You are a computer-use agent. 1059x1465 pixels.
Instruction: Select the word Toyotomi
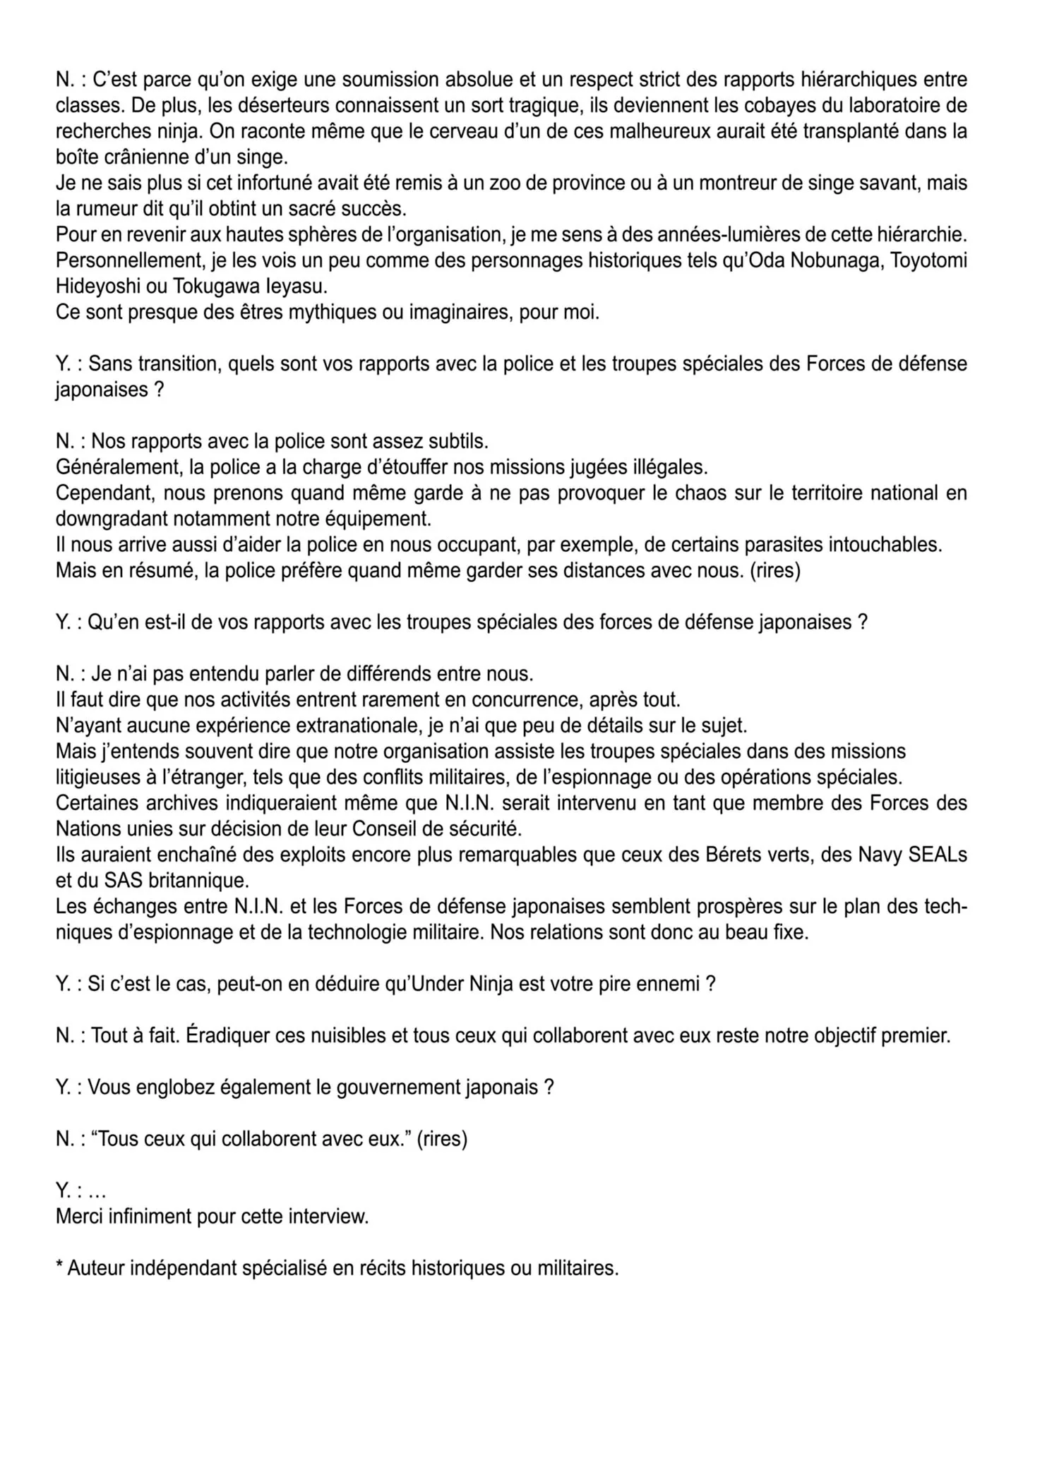(928, 260)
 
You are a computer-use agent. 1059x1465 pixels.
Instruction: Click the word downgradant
(119, 519)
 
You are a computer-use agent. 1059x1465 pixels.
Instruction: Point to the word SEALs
(933, 855)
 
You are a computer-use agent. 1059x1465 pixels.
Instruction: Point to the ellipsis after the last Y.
(98, 1191)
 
